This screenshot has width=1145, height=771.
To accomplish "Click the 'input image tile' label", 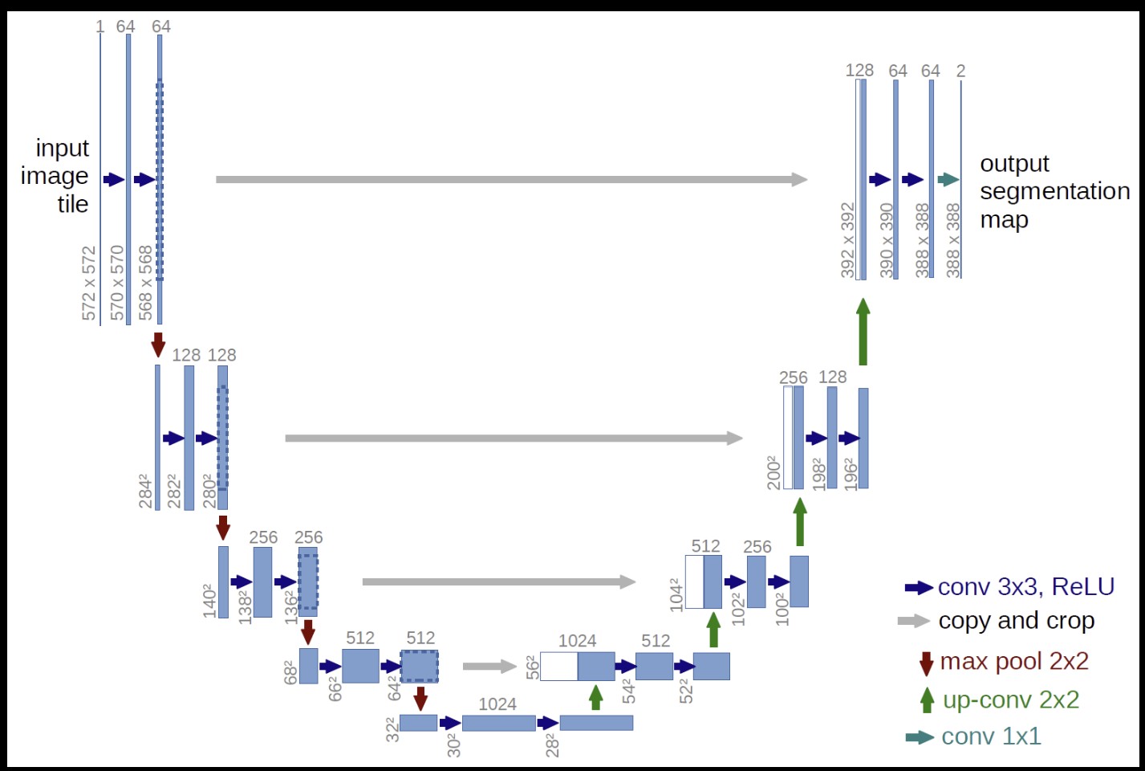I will pos(55,176).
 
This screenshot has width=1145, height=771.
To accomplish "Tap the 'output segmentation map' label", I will pos(1054,191).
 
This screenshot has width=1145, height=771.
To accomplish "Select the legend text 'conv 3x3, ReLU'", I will pos(1025,587).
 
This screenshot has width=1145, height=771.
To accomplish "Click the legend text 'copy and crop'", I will pos(1016,621).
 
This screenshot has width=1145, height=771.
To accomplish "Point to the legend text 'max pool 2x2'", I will pos(1014,661).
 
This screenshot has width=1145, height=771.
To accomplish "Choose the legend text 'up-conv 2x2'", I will pos(1010,700).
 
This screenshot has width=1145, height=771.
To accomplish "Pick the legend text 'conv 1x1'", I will pos(991,736).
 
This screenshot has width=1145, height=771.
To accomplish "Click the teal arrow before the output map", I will pos(948,179).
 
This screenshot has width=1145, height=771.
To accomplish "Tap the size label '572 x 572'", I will pos(89,283).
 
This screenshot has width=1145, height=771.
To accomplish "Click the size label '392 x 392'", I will pos(847,240).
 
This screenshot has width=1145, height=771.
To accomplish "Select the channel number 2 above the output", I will pos(960,71).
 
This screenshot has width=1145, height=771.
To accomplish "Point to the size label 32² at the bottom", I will pos(392,729).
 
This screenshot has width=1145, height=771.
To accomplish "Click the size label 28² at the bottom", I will pos(552,744).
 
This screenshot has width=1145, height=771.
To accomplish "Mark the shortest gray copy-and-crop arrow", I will pos(489,666).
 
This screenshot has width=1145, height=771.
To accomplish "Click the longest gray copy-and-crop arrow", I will pos(511,179).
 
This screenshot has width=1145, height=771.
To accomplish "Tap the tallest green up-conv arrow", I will pos(863,331).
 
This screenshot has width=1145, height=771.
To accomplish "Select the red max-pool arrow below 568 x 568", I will pos(158,344).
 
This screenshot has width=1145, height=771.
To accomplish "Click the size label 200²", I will pos(773,472).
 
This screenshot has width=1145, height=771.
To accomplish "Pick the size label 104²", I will pos(675,594).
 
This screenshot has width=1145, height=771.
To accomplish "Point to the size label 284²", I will pos(146,491).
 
